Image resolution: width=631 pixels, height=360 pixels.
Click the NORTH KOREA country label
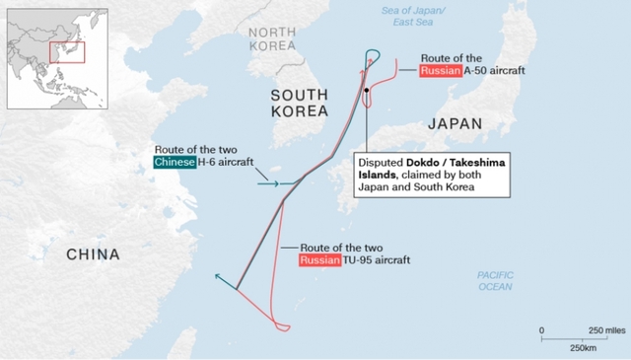coord(272,38)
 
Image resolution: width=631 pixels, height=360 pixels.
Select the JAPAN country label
coord(455,124)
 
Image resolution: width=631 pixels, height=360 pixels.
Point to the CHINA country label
coord(93,254)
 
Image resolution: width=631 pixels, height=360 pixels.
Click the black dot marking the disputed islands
coord(366,90)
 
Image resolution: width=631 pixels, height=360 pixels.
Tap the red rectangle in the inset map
coord(68,52)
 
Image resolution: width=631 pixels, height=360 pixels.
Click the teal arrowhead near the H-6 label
coord(275,182)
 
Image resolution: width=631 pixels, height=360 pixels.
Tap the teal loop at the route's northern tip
coord(373,55)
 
